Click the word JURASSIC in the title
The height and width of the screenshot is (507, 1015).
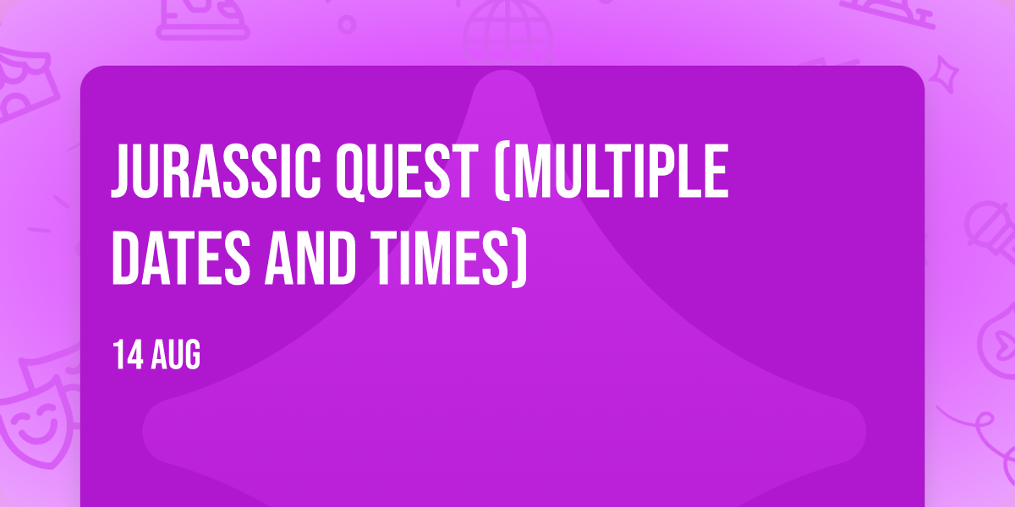tap(216, 171)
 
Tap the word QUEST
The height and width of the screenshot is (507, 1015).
tap(407, 172)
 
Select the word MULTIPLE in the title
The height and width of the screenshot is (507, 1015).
tap(620, 171)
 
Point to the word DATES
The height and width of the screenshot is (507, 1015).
tap(181, 259)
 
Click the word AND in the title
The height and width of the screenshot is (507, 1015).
tap(310, 259)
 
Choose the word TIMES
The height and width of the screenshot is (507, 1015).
tap(440, 259)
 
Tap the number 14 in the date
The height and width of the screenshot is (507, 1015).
tap(128, 354)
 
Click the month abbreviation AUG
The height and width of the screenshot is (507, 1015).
tap(176, 354)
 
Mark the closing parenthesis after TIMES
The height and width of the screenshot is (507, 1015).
tap(519, 259)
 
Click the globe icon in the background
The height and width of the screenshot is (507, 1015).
tap(507, 32)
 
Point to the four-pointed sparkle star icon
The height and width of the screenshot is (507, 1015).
tap(943, 74)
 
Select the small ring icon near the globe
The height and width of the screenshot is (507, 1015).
tap(347, 25)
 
